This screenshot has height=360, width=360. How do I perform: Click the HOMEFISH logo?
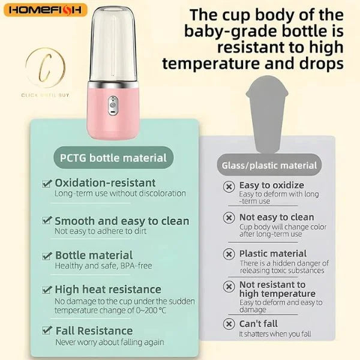(x=46, y=10)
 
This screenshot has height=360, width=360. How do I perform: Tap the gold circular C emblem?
(x=45, y=67)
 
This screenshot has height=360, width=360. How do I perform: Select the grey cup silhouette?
(x=267, y=114)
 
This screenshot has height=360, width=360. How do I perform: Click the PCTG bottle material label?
(x=113, y=158)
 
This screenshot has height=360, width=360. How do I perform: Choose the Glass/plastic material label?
(x=269, y=166)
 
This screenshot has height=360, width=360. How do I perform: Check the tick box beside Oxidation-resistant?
(x=47, y=183)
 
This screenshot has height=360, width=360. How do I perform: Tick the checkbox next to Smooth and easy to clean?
(x=47, y=220)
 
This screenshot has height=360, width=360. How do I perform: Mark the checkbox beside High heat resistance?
(x=47, y=289)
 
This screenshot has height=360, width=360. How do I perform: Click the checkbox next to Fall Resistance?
(x=47, y=330)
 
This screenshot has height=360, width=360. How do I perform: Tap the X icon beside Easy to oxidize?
(x=229, y=187)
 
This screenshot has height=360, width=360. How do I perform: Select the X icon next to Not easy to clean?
(x=229, y=217)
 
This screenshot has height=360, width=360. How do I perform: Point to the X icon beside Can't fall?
(x=229, y=324)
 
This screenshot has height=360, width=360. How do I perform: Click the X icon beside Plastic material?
(x=229, y=254)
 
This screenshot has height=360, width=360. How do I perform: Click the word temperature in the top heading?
(x=211, y=64)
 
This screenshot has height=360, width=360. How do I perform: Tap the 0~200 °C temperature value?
(x=151, y=310)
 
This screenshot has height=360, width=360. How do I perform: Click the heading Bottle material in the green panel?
(x=94, y=255)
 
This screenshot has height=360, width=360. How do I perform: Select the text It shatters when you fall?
(x=275, y=334)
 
